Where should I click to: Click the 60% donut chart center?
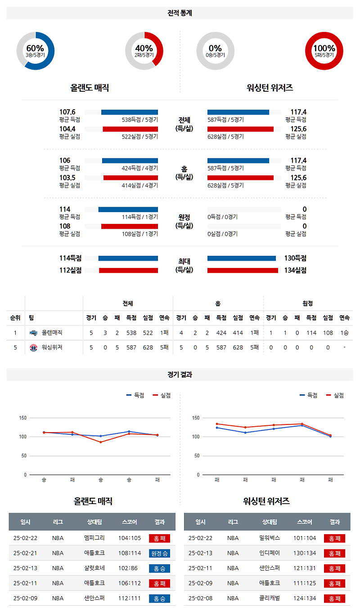(35, 51)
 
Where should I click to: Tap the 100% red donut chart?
(324, 51)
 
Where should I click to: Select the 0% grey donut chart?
(215, 51)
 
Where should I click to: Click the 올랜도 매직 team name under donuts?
(90, 88)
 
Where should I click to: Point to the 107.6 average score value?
(67, 112)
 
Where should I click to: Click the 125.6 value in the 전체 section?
(298, 129)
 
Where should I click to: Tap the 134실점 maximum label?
(295, 270)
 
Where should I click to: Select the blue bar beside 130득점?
(241, 258)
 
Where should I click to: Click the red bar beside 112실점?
(128, 270)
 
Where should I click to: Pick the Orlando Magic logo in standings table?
(34, 333)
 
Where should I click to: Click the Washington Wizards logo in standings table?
(34, 348)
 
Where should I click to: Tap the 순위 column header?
(15, 317)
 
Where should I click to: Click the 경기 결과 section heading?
(180, 375)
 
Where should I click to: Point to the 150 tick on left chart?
(22, 418)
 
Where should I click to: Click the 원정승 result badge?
(159, 553)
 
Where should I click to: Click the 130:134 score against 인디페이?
(305, 553)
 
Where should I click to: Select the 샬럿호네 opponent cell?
(94, 568)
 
